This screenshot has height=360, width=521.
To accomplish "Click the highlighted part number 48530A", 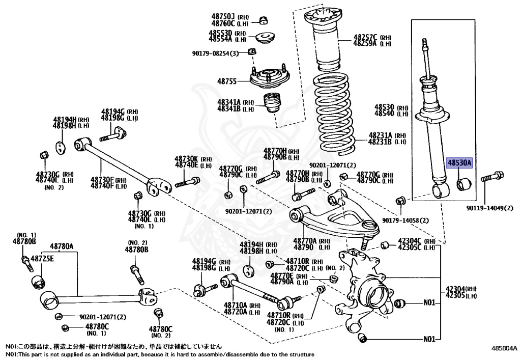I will point(459,163).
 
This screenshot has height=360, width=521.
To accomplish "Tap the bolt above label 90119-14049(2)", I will point(490,178).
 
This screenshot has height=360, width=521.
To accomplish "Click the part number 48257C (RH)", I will point(365,37).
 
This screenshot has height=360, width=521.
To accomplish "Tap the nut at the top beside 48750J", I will point(264,20).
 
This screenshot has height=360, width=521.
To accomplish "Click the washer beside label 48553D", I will point(265,37).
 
